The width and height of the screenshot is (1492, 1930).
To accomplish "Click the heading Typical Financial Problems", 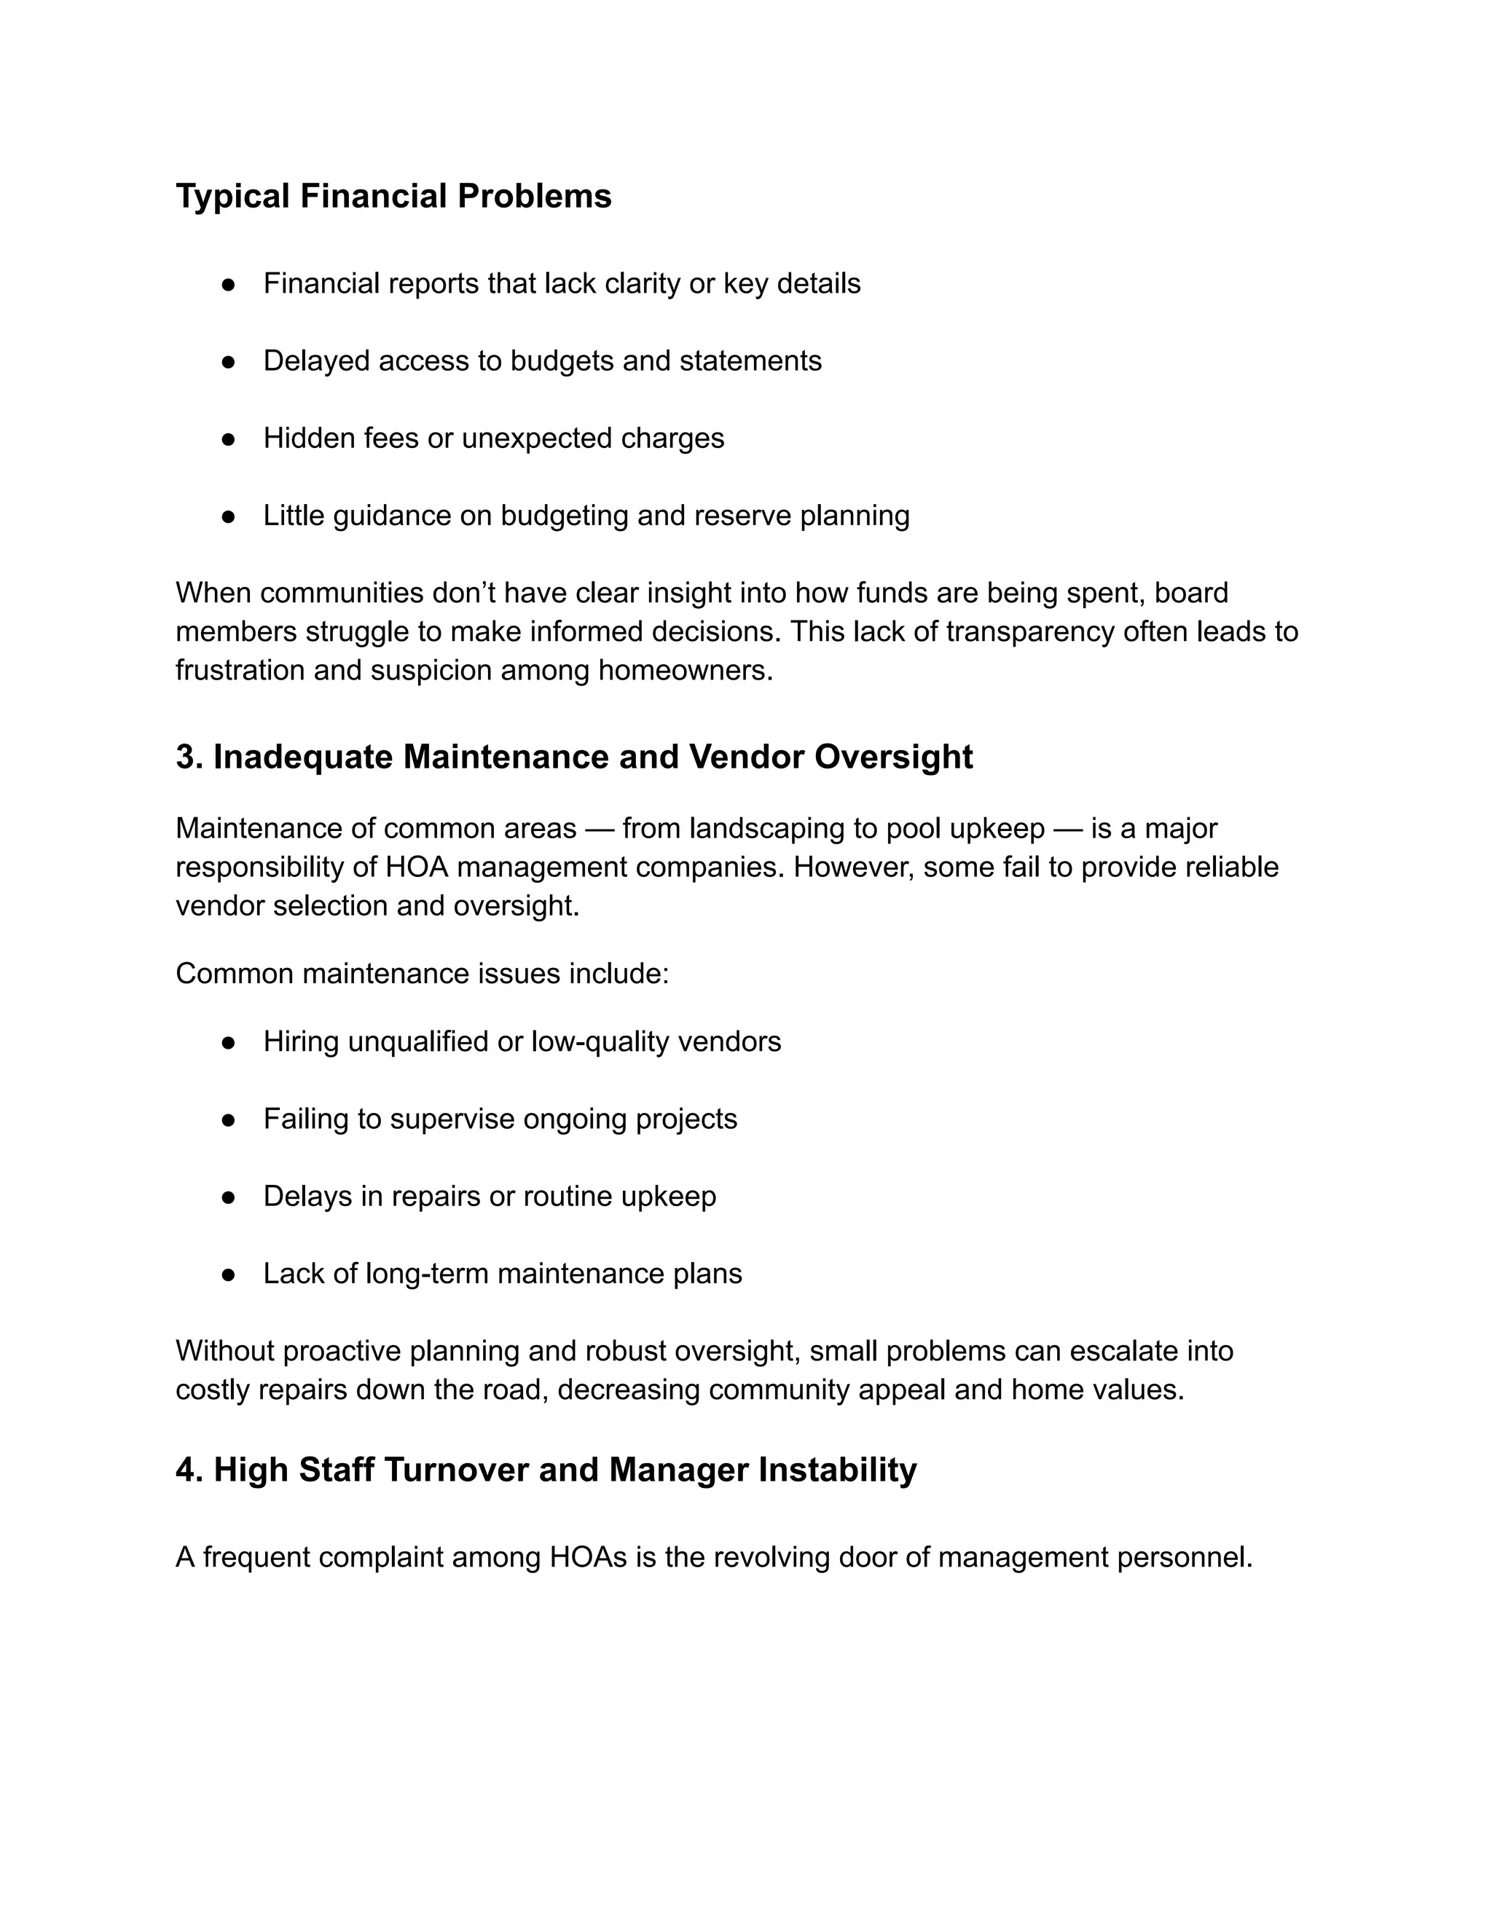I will click(393, 196).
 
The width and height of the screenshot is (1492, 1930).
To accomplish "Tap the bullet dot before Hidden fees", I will click(228, 439).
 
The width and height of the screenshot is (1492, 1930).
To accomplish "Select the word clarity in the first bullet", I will click(643, 283).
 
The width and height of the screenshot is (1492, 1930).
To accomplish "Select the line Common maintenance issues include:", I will click(423, 974).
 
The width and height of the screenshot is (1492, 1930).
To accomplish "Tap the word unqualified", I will click(418, 1042).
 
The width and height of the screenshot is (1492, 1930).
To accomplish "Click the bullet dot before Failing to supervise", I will click(228, 1119).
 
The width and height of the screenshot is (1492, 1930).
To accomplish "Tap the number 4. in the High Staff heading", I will click(189, 1470).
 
